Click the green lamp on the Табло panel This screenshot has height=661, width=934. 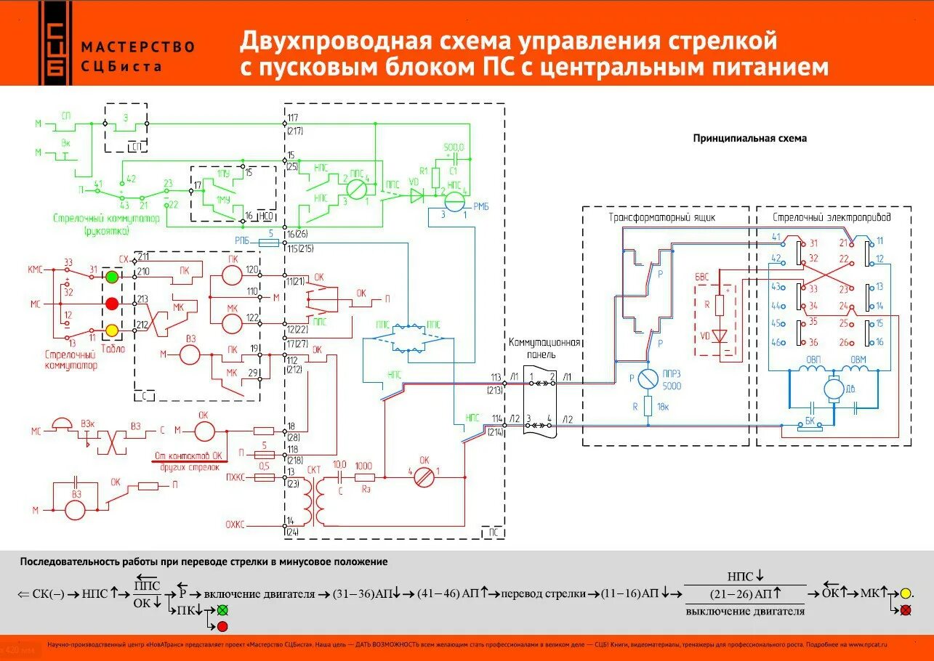click(112, 277)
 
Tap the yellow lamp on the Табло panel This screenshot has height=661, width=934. click(112, 330)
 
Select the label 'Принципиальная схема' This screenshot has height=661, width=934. click(749, 138)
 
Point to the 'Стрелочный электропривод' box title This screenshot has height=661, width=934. click(832, 216)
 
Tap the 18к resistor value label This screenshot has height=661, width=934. click(663, 407)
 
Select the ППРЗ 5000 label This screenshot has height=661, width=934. click(672, 380)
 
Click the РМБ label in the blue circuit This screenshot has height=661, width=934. click(480, 207)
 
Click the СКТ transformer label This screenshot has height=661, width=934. click(314, 470)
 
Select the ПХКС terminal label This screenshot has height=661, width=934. click(235, 479)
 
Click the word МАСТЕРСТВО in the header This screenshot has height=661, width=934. click(138, 47)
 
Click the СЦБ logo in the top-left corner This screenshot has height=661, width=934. click(55, 43)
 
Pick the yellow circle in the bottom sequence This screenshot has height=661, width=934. click(906, 593)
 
